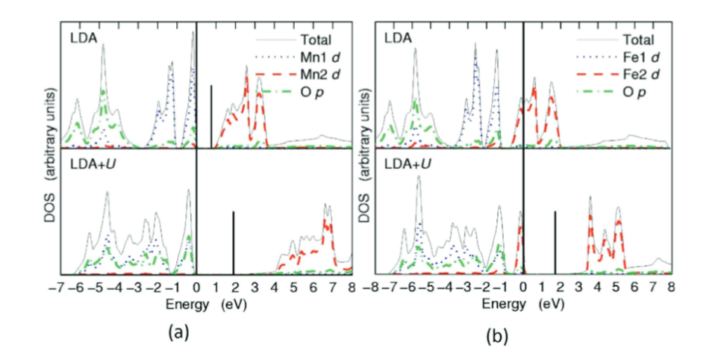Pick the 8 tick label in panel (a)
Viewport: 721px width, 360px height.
pos(352,286)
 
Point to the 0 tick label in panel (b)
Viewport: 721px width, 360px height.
pos(523,286)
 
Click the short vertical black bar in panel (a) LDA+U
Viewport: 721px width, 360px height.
pos(234,243)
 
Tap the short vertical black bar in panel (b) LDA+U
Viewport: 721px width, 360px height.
pos(555,243)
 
